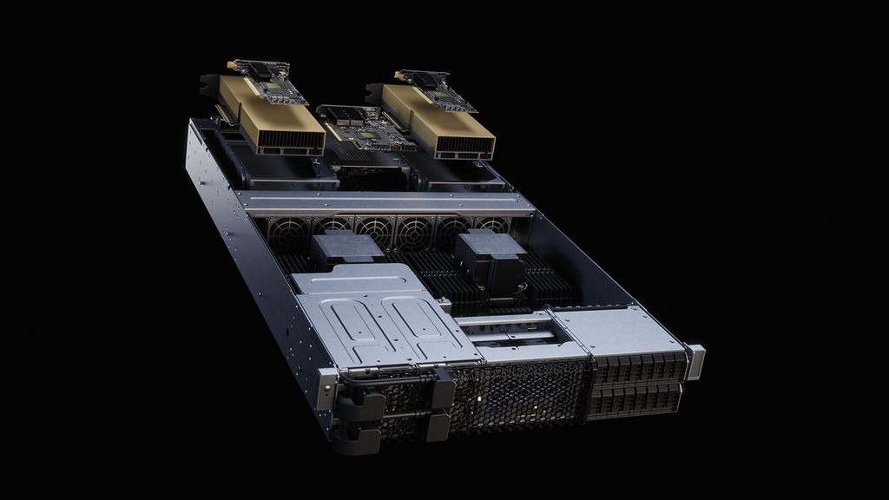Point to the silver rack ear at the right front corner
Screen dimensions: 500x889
click(x=695, y=361)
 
